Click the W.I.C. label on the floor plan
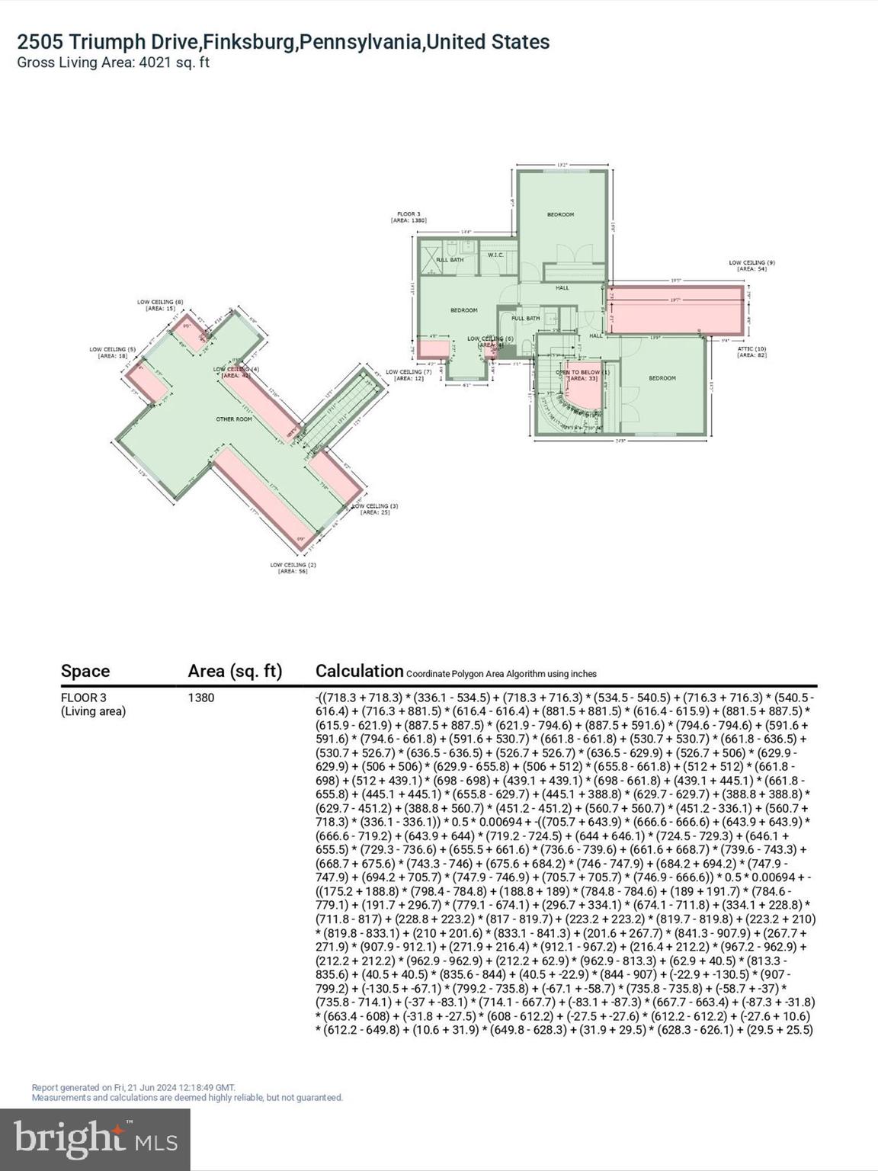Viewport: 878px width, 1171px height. pyautogui.click(x=495, y=255)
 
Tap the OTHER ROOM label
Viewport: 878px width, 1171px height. pyautogui.click(x=234, y=419)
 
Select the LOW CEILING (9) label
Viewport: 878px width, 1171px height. pyautogui.click(x=751, y=263)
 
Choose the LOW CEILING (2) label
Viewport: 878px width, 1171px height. pyautogui.click(x=293, y=565)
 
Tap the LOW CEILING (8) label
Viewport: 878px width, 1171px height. pyautogui.click(x=160, y=302)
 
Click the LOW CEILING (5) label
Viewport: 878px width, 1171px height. pyautogui.click(x=112, y=350)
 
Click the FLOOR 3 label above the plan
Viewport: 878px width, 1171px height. pyautogui.click(x=409, y=214)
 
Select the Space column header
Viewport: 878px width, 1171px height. pyautogui.click(x=85, y=671)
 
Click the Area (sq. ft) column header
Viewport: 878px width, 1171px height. pyautogui.click(x=235, y=671)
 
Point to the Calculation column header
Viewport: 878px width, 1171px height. pyautogui.click(x=359, y=671)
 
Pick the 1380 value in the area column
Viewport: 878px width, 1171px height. pyautogui.click(x=201, y=698)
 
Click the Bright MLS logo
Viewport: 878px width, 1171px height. pyautogui.click(x=95, y=1139)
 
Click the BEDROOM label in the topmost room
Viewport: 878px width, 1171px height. pyautogui.click(x=560, y=215)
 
